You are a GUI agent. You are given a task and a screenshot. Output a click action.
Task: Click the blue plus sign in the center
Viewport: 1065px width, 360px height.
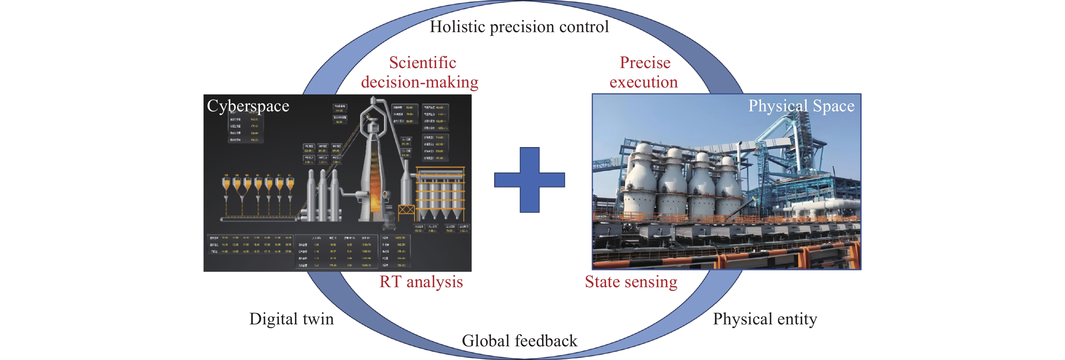pos(529,180)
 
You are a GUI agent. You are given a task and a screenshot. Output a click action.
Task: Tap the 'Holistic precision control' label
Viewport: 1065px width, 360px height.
pos(519,27)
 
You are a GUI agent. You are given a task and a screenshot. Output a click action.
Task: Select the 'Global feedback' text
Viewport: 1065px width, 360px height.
pos(519,341)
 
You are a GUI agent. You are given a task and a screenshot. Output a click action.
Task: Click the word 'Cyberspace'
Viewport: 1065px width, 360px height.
pos(248,106)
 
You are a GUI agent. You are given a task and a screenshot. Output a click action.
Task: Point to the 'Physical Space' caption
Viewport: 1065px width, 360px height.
pos(801,106)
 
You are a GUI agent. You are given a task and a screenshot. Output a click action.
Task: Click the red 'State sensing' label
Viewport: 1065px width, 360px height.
pos(631,282)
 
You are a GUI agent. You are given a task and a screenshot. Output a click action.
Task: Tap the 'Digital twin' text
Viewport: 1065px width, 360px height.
pos(292,319)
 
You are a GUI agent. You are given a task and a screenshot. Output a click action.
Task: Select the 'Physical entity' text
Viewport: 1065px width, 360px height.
pos(765,319)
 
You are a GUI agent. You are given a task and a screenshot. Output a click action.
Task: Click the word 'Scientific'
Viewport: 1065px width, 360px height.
pos(422,63)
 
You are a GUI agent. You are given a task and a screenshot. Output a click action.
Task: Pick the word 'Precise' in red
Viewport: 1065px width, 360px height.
pos(645,63)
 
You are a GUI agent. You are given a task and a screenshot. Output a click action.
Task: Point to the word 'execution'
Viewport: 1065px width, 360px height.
pos(644,82)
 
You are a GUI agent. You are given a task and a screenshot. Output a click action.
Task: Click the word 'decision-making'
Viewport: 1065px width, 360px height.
pos(420,82)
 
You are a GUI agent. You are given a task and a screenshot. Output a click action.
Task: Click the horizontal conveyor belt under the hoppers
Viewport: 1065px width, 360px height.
pos(258,218)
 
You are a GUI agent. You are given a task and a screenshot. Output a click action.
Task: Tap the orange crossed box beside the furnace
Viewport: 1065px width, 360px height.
pos(406,211)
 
